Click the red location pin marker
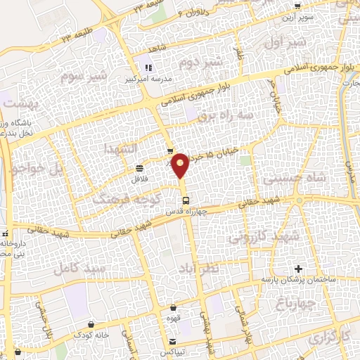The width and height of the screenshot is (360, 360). pos(181,165)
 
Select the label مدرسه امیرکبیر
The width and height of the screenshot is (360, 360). pos(148,79)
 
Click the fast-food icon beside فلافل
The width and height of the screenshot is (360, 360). pos(139,168)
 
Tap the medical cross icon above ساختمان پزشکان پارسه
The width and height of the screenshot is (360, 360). pos(299,269)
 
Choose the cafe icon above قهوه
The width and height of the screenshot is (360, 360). pos(173,307)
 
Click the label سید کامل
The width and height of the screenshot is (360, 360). pos(83,268)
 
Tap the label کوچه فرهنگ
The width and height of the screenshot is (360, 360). pos(118,199)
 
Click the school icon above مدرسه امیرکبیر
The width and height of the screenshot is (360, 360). pos(148,68)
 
